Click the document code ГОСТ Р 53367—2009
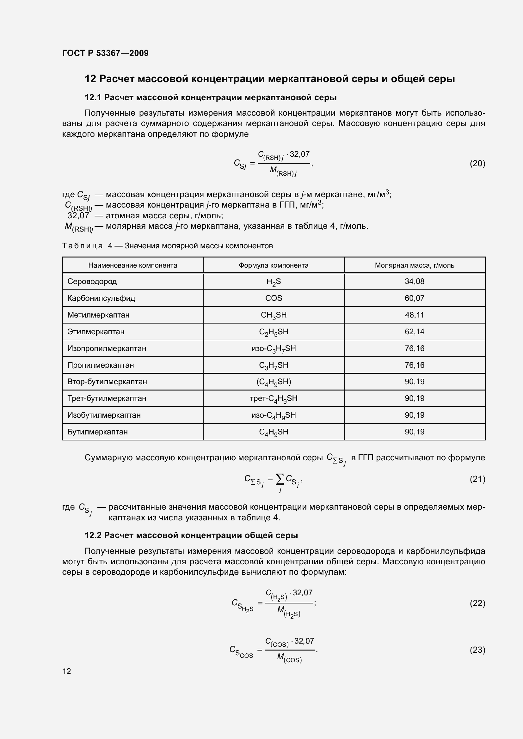[105, 53]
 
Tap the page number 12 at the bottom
[67, 671]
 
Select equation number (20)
[477, 164]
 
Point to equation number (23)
[477, 650]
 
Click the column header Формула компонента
[274, 265]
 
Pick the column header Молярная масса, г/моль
[415, 265]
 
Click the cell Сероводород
[92, 282]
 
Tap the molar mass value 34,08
[415, 282]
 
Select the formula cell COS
[274, 298]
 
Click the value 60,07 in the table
[415, 298]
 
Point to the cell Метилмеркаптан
[98, 315]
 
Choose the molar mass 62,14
[415, 331]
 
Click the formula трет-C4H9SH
[274, 398]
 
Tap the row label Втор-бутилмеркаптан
[107, 382]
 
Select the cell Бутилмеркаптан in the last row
[97, 432]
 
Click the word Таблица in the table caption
[83, 246]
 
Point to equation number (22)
[477, 603]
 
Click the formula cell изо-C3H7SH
[274, 348]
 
